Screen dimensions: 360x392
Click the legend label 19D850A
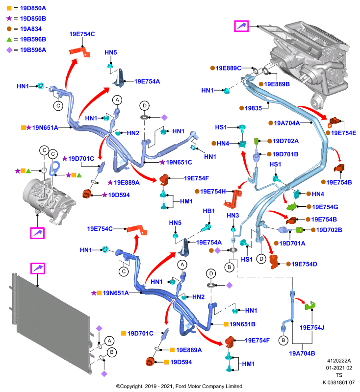tap(33, 8)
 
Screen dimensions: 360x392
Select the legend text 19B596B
tap(33, 40)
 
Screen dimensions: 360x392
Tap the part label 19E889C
tap(229, 68)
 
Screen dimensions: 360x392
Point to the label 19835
tap(253, 108)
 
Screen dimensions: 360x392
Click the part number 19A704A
tap(287, 123)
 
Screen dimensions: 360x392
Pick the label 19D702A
tap(286, 141)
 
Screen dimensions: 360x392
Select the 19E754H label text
tap(213, 192)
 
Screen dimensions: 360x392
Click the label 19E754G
tap(325, 207)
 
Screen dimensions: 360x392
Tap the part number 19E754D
tap(304, 264)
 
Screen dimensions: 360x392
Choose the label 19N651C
tap(179, 163)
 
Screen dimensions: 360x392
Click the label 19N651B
tap(242, 324)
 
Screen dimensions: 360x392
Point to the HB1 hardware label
tap(209, 211)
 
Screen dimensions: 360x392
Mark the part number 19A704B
tap(302, 353)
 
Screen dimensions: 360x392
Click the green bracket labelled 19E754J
tap(310, 305)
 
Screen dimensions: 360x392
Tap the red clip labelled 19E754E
tap(334, 122)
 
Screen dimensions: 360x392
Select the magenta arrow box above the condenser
tap(38, 269)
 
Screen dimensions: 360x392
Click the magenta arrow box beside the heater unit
tap(241, 26)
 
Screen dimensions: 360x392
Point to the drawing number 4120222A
tap(339, 361)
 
